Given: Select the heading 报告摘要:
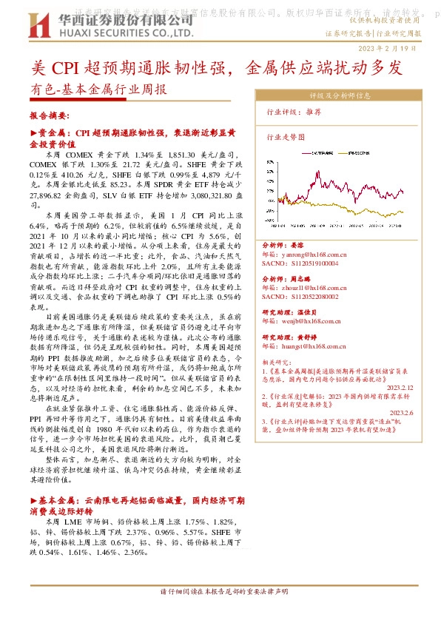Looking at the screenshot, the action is (49, 116).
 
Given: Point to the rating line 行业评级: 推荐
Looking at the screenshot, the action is (294, 112).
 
